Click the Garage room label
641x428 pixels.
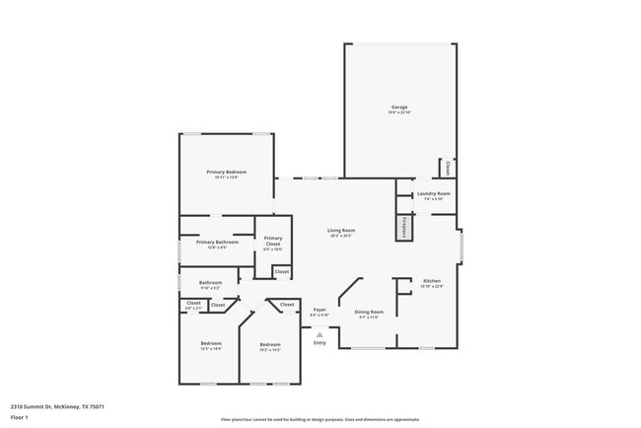(399, 107)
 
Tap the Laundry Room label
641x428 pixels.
(433, 193)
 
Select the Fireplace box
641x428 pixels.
(404, 227)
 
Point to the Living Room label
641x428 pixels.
(340, 232)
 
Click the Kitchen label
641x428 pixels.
(432, 281)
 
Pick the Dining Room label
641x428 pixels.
(368, 312)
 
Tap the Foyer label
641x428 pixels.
(320, 310)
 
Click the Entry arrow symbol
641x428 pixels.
(320, 334)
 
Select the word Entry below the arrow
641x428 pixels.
(320, 342)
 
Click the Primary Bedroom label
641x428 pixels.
(227, 172)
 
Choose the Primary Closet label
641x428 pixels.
(273, 241)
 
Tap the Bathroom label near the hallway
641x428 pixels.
(210, 282)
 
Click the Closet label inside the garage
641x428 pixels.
(449, 169)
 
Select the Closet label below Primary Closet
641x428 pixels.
(281, 271)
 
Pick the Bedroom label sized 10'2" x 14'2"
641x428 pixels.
(269, 344)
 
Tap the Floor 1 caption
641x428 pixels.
(20, 417)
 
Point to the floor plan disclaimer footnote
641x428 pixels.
(320, 419)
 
